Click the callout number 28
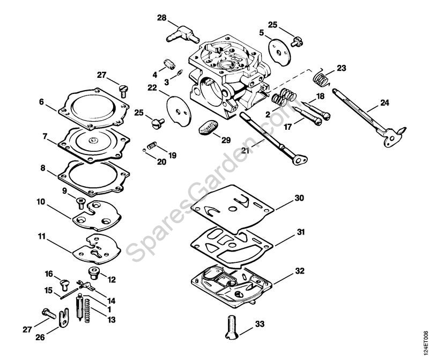coord(161,18)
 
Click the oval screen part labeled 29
coord(209,128)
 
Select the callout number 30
coord(299,198)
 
